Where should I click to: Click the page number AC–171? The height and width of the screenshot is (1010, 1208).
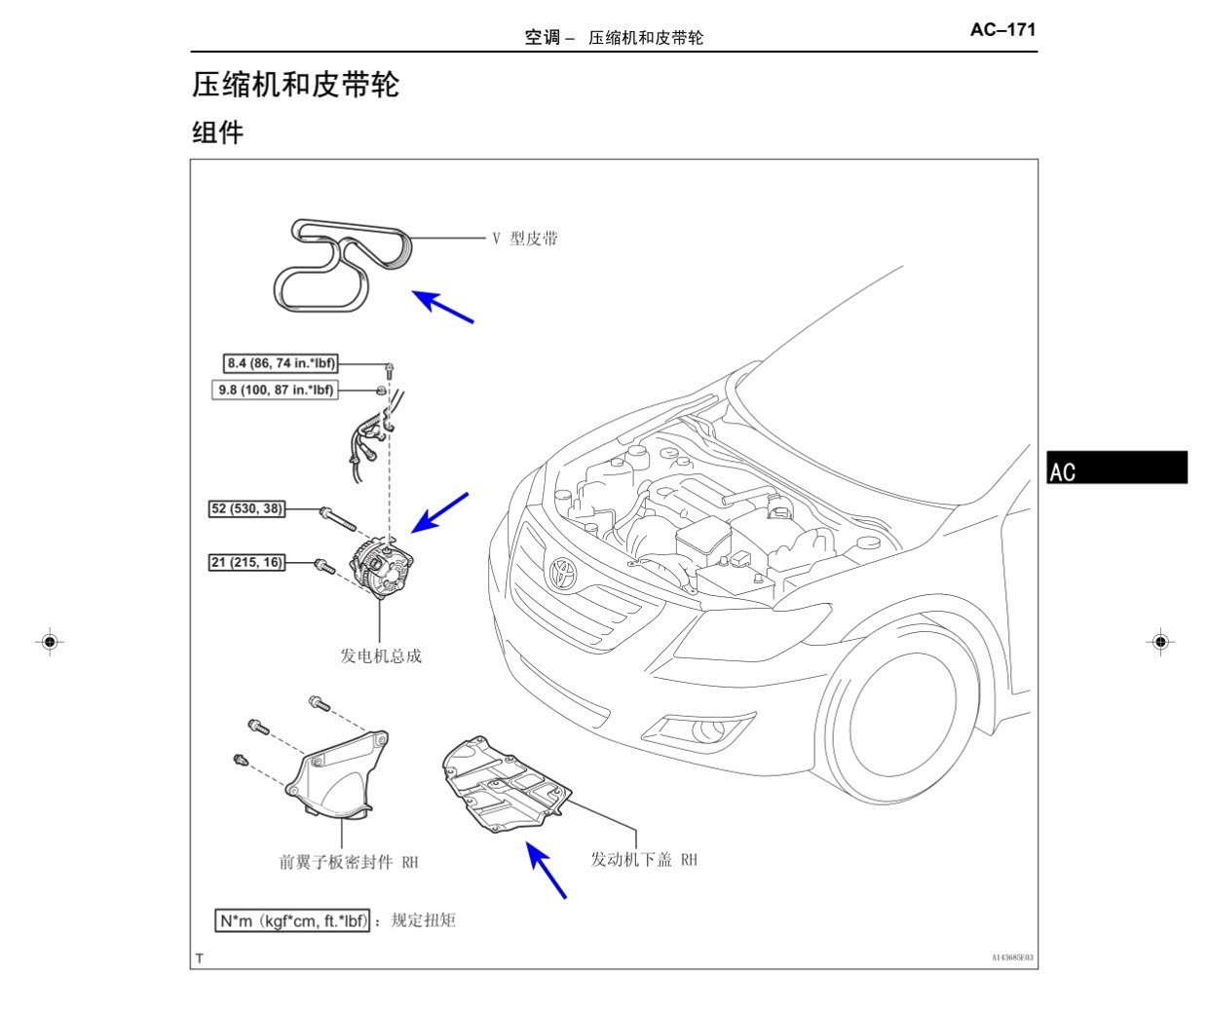pos(1002,29)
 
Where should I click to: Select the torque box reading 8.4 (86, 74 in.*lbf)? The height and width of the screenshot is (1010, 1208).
pos(281,363)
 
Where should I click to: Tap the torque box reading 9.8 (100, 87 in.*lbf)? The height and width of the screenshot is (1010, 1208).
pos(276,390)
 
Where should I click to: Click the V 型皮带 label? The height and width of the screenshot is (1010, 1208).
pos(525,239)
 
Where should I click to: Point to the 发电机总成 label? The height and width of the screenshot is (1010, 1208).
pos(381,655)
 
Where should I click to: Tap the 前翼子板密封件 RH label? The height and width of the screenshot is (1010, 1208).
pos(349,862)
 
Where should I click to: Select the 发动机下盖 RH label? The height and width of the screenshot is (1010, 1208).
pos(644,859)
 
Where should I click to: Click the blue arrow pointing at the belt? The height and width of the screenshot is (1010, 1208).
pos(442,307)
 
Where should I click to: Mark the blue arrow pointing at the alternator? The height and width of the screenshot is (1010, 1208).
pos(439,513)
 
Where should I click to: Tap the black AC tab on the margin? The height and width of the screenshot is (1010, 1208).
pos(1116,467)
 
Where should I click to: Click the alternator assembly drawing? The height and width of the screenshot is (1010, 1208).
pos(381,566)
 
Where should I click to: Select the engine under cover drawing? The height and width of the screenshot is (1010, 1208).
pos(507,785)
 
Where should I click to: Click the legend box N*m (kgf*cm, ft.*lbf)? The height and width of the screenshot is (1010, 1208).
pos(292,920)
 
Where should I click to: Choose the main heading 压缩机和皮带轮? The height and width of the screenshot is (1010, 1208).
pos(295,85)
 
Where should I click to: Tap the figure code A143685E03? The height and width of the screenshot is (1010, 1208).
pos(1012,957)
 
